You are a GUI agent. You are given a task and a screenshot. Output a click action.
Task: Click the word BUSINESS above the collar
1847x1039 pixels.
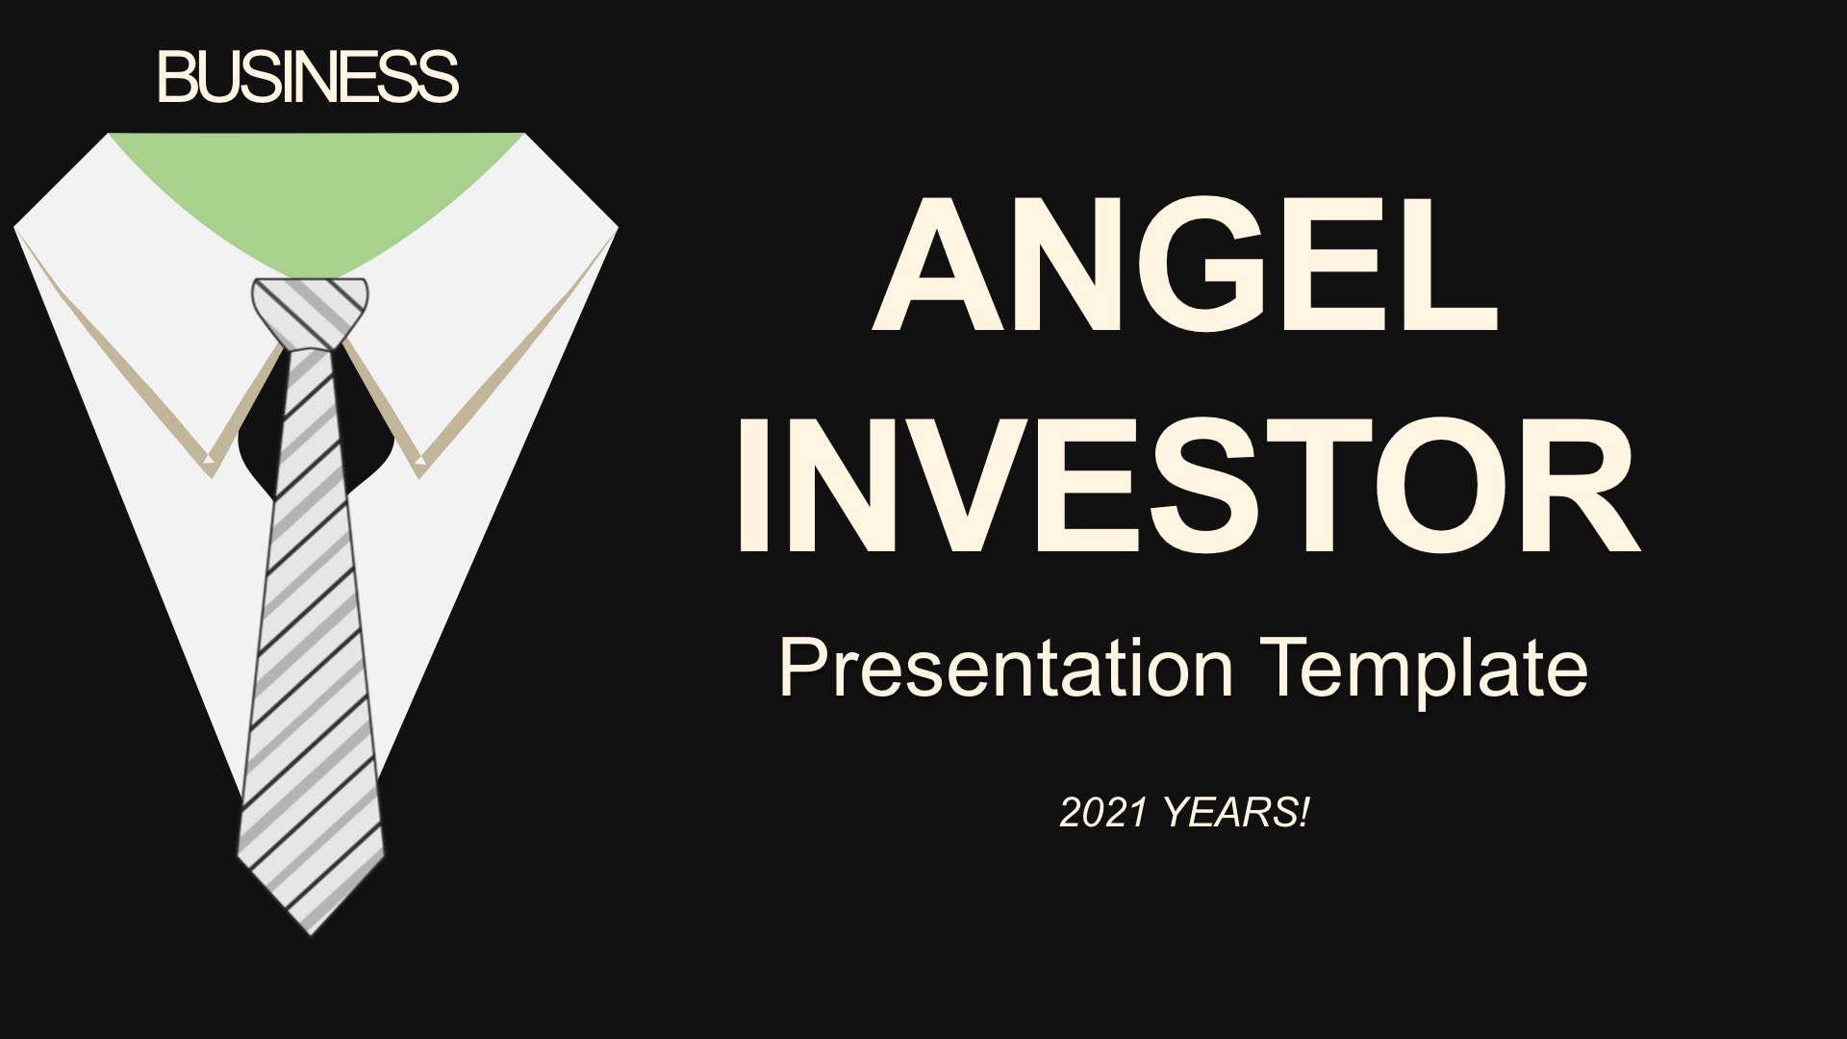coord(309,77)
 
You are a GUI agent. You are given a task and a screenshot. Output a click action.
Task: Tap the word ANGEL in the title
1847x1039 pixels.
coord(1186,265)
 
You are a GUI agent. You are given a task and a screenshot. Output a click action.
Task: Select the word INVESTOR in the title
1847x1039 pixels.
coord(1187,485)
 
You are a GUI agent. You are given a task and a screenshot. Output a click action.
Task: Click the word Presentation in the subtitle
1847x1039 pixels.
coord(1006,669)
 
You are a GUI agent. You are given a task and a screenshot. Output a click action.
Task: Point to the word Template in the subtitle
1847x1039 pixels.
coord(1427,669)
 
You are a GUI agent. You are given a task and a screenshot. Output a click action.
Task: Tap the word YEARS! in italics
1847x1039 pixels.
coord(1236,813)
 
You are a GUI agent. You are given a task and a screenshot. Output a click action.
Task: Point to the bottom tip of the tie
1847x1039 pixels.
coord(312,933)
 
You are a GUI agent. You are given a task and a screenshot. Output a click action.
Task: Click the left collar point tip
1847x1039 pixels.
coord(210,471)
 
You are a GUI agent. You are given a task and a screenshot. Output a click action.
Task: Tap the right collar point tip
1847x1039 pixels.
coord(420,471)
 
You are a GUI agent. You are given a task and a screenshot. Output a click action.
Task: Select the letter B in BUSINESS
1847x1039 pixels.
coord(178,77)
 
